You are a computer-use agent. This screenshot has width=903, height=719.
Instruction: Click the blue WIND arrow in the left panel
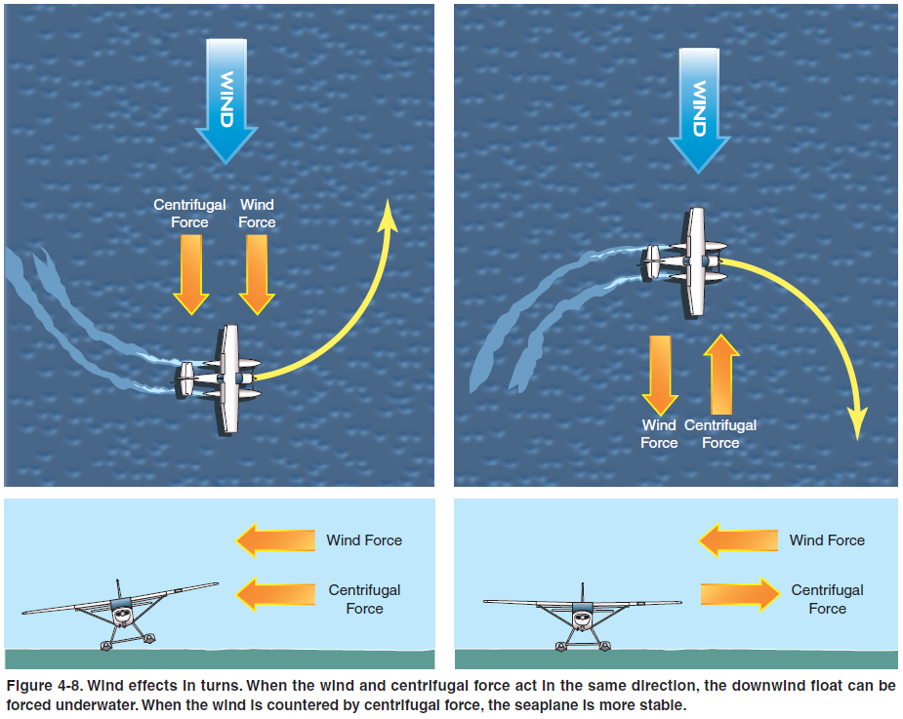click(x=226, y=98)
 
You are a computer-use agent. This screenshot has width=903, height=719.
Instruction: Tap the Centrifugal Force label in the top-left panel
click(x=189, y=214)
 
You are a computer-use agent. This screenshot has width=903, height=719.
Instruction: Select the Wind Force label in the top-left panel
click(x=257, y=214)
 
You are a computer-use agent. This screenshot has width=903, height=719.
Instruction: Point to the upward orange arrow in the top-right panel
click(x=720, y=373)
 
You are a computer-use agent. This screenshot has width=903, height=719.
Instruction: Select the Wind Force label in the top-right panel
click(x=659, y=434)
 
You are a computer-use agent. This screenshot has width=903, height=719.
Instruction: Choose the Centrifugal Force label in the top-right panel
click(x=720, y=434)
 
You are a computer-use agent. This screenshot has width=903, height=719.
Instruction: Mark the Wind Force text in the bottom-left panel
click(x=364, y=540)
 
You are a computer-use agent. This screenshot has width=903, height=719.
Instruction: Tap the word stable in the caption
click(x=662, y=703)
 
